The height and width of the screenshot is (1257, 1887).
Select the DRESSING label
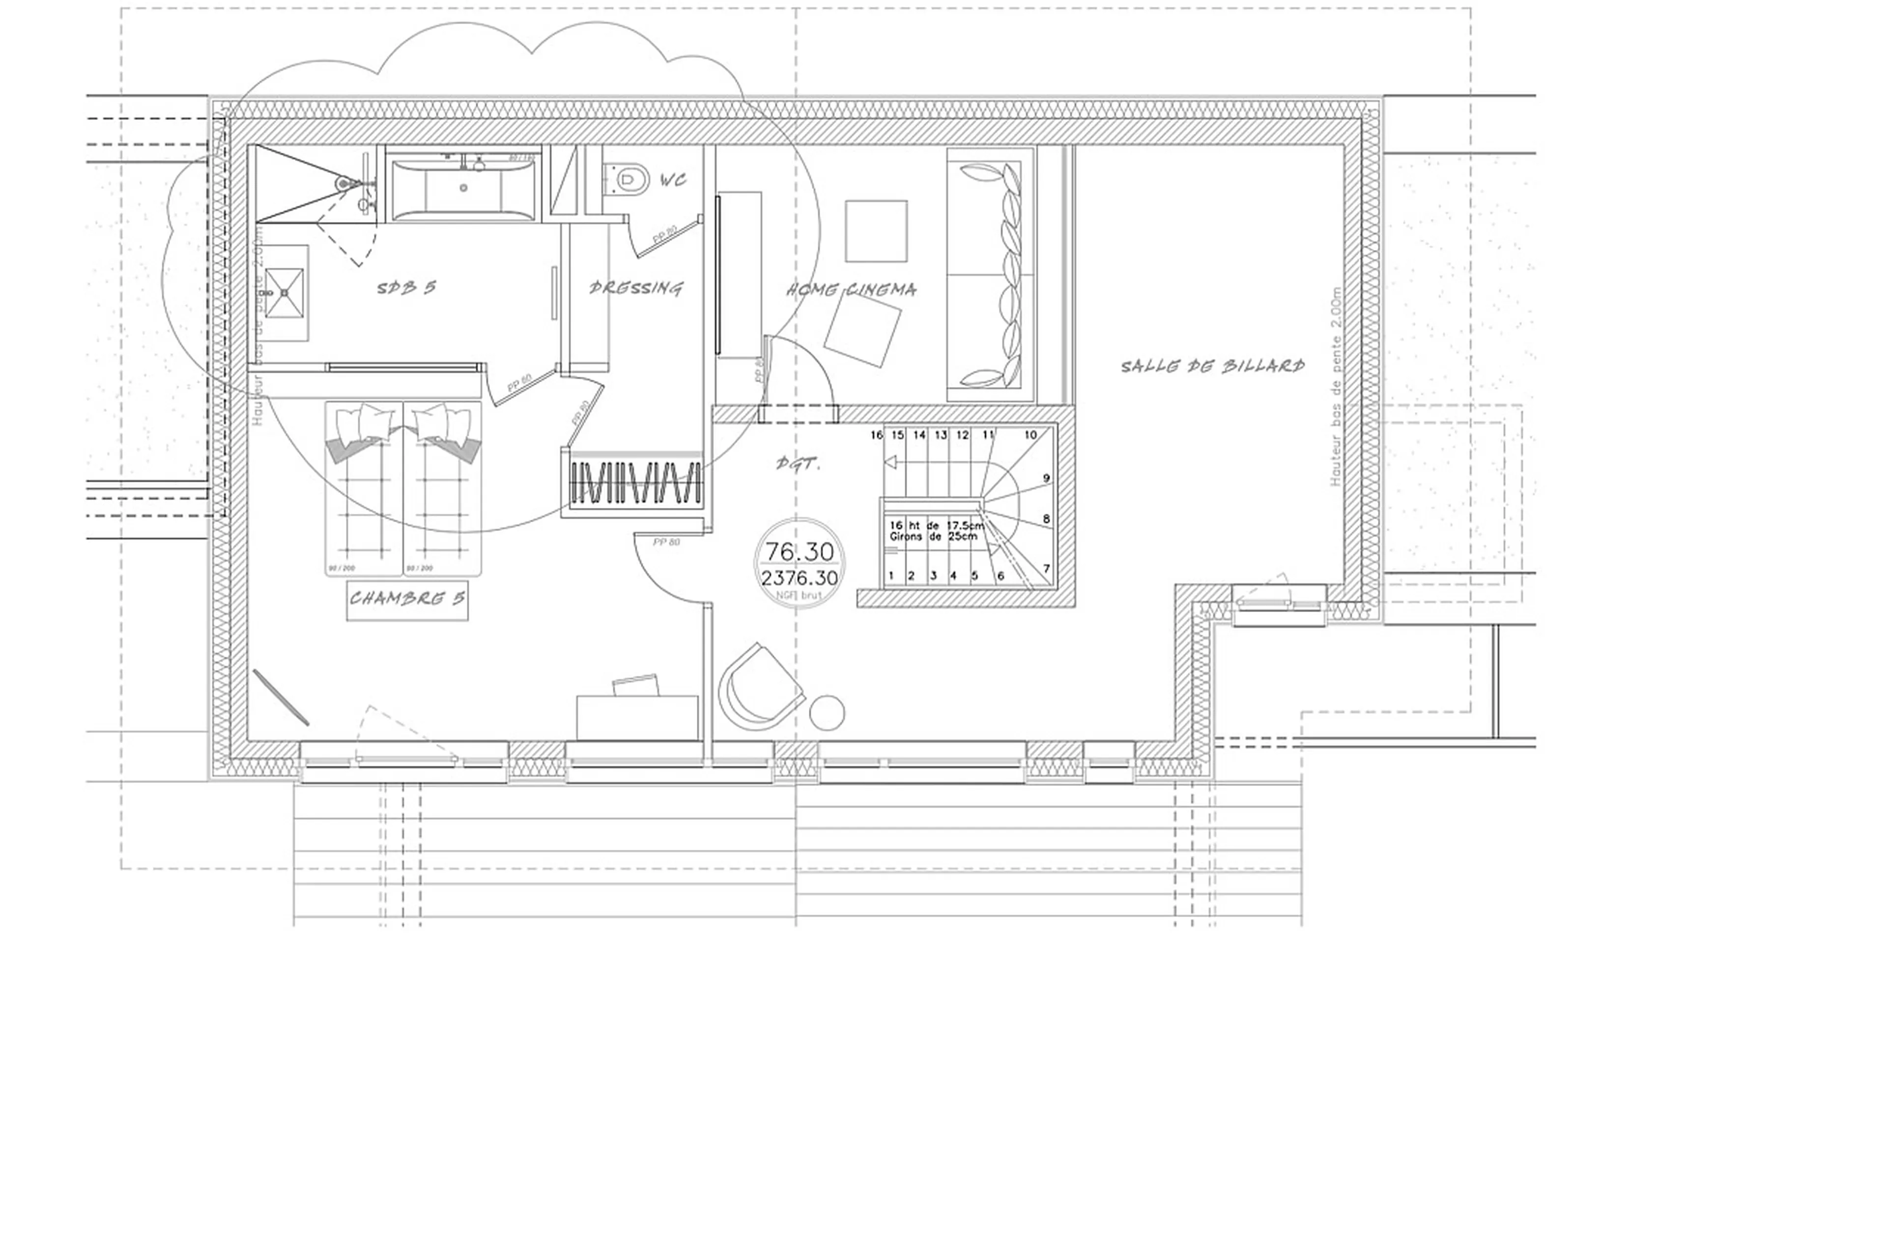tap(636, 288)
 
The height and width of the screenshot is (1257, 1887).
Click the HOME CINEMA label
tap(851, 289)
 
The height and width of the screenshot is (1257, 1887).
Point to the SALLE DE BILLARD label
tap(1212, 366)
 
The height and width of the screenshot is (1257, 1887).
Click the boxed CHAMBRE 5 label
tap(407, 598)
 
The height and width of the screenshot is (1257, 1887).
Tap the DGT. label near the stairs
tap(799, 463)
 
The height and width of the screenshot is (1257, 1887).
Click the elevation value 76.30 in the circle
tap(799, 552)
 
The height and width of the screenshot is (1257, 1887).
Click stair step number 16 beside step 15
tap(877, 435)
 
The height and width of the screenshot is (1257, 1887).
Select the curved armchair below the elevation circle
tap(758, 688)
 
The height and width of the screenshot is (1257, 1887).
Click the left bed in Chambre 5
tap(363, 489)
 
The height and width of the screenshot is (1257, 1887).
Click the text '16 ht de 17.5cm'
tap(936, 525)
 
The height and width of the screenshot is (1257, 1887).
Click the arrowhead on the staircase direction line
tap(889, 463)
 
